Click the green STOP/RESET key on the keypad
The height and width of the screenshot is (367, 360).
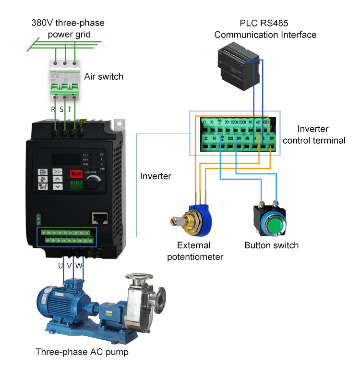click(x=76, y=185)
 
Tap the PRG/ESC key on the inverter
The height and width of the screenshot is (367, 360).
click(x=42, y=172)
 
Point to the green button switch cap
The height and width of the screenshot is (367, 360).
click(x=269, y=225)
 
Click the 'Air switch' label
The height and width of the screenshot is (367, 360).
click(x=104, y=76)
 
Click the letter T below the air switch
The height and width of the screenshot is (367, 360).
click(x=70, y=109)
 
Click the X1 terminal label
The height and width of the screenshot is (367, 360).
click(x=204, y=122)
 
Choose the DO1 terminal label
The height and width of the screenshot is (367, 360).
click(x=228, y=122)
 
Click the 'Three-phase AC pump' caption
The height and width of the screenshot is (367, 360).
click(x=82, y=352)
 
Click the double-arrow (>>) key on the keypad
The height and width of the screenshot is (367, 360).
click(x=57, y=171)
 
